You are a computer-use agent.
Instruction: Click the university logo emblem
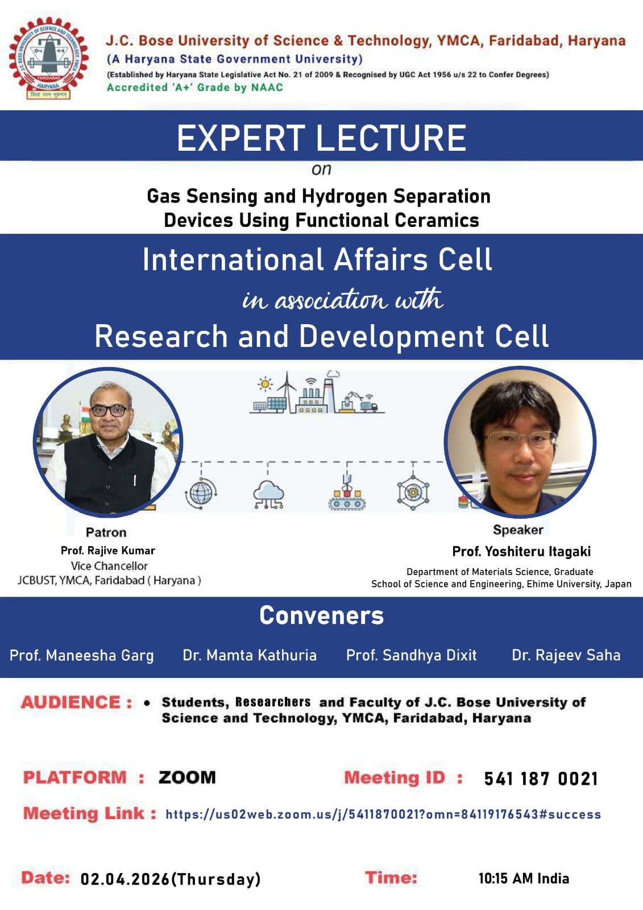49,58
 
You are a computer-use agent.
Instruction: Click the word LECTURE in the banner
391,138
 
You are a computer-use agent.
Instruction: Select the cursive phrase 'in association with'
343,299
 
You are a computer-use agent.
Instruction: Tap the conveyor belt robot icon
347,493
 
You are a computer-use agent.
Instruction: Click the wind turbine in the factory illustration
288,391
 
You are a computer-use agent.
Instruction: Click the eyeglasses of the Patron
109,411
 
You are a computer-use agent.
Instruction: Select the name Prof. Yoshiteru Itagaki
521,551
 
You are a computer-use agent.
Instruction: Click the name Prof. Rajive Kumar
108,551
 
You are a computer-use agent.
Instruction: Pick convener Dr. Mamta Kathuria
250,655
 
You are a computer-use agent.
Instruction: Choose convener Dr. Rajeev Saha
566,655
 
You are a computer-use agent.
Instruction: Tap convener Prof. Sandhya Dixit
411,655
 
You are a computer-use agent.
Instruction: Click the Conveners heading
321,615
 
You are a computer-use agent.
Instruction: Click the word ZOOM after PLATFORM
187,777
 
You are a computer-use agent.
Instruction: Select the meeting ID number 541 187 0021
541,779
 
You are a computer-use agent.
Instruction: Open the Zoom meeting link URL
383,814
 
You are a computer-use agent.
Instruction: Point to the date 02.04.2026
125,879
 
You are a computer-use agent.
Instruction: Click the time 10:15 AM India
524,879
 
